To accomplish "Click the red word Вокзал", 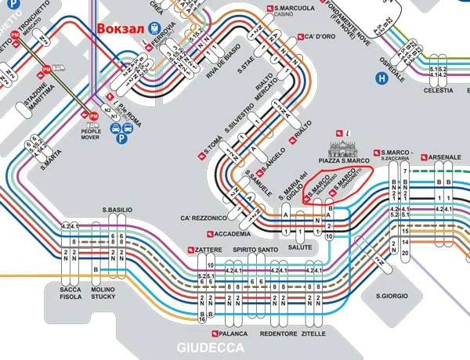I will coord(121,27).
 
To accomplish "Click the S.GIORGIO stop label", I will coord(392,296).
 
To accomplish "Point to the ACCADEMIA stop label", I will coord(233,233).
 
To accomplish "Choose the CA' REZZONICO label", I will coord(204,217).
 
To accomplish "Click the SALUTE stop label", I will coord(300,247).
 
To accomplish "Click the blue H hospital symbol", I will coord(382,77).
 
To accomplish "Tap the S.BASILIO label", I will coord(117,210).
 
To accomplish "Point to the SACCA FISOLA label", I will coord(70,293).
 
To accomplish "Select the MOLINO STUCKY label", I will coord(103,293).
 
